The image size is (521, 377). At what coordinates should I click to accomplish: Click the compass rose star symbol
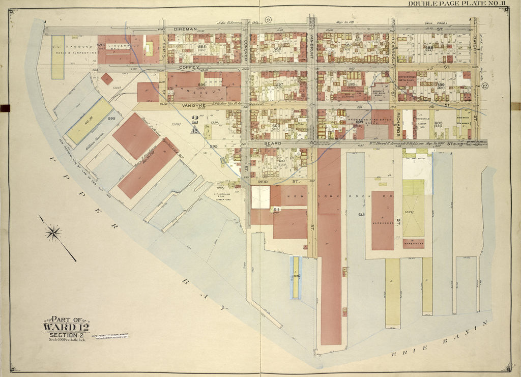coord(53,233)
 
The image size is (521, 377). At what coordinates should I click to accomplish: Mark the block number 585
coord(202,47)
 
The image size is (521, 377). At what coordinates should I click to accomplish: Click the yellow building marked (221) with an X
coord(413,214)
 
